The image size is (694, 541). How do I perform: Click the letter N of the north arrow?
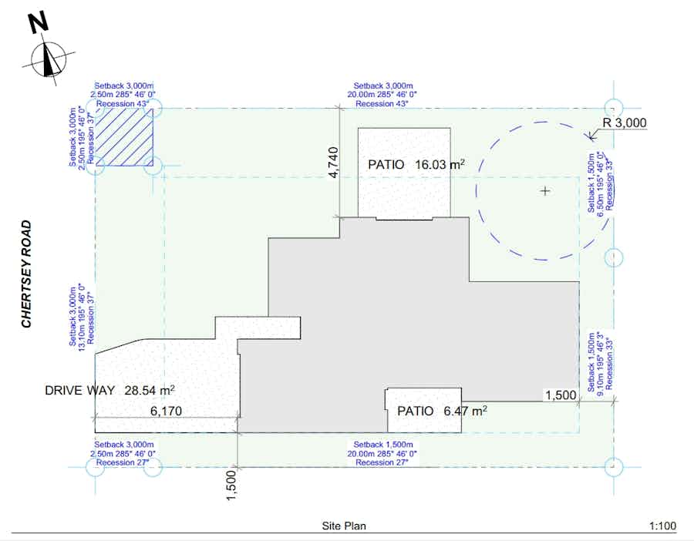tap(39, 22)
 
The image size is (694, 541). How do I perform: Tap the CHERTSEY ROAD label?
tap(26, 274)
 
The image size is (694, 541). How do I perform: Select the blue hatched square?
tap(124, 137)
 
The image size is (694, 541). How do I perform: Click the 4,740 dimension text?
tap(333, 163)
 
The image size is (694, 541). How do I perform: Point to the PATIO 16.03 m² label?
tap(416, 165)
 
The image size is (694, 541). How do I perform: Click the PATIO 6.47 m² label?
tap(442, 411)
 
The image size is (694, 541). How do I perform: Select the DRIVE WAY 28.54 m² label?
tap(109, 390)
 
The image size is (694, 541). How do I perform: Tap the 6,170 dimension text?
tap(166, 411)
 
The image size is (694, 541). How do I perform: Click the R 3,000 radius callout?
tap(625, 123)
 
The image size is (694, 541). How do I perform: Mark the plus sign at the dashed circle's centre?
tap(545, 191)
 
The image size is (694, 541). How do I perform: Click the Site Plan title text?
tap(344, 526)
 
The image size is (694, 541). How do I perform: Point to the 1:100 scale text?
tap(662, 526)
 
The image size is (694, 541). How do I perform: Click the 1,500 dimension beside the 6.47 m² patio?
tap(561, 395)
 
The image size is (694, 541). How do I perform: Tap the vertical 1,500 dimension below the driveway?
tap(231, 486)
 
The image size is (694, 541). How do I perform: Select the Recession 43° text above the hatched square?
tap(122, 104)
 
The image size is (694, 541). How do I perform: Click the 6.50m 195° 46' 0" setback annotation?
tap(600, 182)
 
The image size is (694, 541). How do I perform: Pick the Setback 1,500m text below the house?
tap(383, 445)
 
